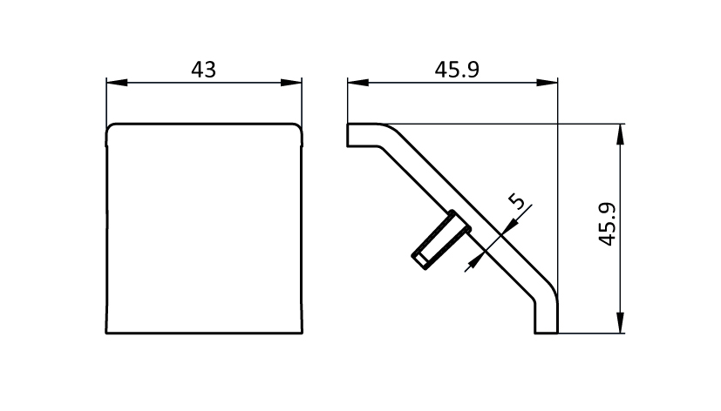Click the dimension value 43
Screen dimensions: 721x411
204,70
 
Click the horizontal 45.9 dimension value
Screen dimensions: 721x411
457,70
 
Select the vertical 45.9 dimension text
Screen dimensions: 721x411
608,224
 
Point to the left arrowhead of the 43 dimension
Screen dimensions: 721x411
117,83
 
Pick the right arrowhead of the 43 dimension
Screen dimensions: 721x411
291,83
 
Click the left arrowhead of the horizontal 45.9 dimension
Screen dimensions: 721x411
358,83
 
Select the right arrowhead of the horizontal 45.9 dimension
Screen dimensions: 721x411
547,83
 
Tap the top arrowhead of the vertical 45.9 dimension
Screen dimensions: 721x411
620,135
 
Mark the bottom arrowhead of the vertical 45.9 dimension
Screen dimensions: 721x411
620,322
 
